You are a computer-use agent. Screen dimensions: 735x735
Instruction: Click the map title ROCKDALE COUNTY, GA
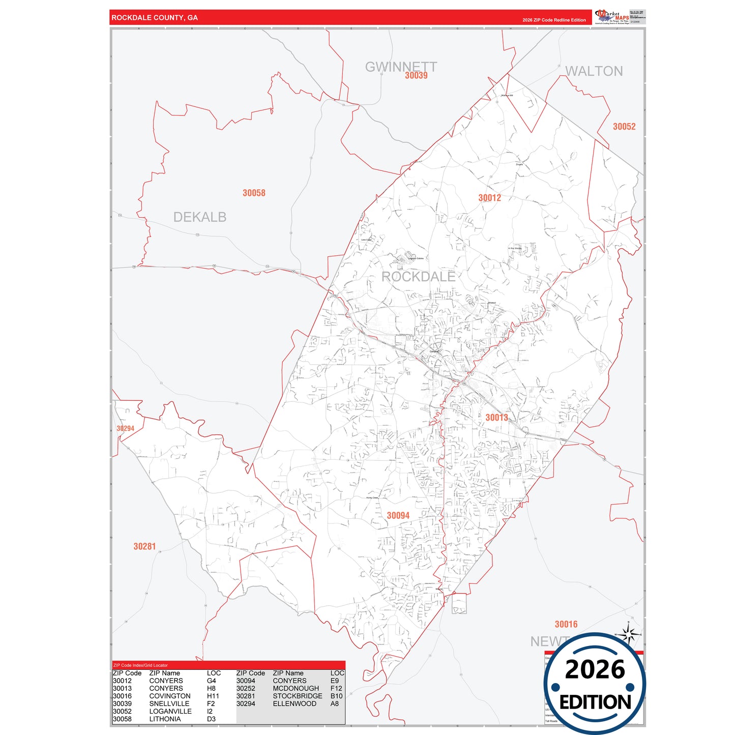pos(155,18)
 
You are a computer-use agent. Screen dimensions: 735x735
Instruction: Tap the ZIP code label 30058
pos(254,193)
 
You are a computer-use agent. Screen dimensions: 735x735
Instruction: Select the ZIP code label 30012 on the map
pos(489,198)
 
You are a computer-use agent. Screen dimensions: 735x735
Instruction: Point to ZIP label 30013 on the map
pos(496,418)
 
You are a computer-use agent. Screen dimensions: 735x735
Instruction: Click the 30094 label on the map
pos(398,515)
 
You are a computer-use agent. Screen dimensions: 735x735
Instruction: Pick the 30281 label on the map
pos(144,546)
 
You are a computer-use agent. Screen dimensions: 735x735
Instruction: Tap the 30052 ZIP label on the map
pos(624,127)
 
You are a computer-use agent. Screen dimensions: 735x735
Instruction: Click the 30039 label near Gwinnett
pos(416,76)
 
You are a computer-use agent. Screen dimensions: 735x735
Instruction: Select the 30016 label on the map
pos(566,624)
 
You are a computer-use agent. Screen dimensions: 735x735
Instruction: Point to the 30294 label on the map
pos(125,428)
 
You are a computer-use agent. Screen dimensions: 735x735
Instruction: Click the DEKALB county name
pos(199,217)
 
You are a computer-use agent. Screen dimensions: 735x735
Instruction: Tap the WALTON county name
pos(594,71)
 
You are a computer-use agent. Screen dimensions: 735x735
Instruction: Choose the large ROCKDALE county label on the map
pos(418,277)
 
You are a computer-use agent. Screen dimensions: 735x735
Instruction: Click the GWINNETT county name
pos(401,66)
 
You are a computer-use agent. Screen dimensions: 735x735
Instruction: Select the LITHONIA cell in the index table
pos(165,719)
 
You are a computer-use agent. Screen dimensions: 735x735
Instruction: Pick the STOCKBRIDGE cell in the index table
pos(298,696)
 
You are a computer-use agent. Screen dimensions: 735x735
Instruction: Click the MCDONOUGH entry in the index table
pos(296,688)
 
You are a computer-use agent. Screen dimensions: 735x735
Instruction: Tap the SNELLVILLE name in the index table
pos(169,703)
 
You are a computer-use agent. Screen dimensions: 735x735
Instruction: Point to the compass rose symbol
pos(629,635)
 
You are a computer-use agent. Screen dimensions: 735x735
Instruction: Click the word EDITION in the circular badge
pos(595,702)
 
